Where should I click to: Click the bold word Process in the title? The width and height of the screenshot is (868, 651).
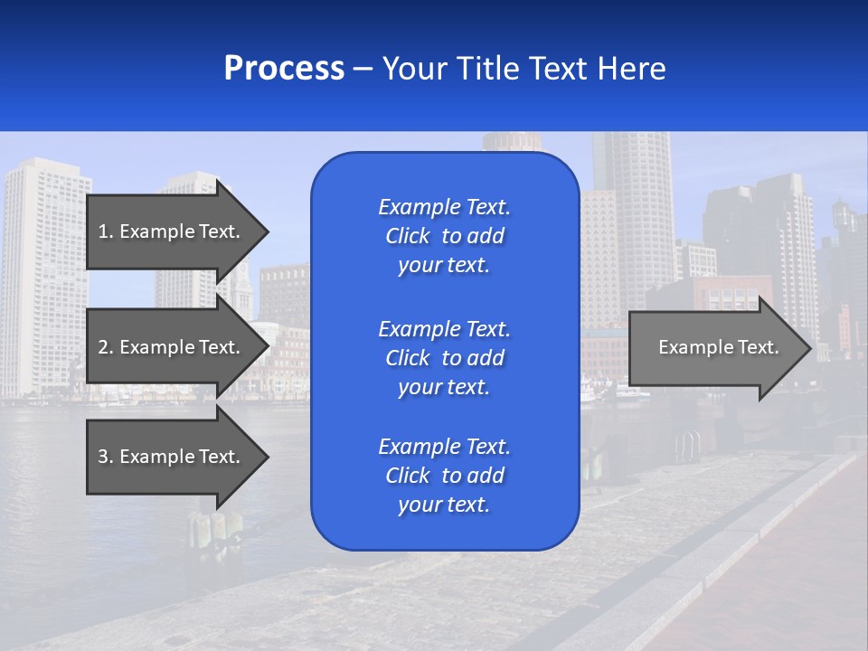(x=284, y=69)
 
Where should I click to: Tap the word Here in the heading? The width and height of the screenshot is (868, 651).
(x=632, y=69)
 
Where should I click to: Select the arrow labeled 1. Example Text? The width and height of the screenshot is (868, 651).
(x=172, y=231)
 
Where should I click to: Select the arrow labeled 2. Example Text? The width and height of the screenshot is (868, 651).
(x=172, y=347)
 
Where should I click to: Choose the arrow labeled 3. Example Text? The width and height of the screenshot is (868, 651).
(x=172, y=457)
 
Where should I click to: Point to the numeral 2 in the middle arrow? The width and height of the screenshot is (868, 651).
(x=103, y=347)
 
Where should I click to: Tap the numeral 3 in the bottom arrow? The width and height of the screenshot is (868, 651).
(x=103, y=457)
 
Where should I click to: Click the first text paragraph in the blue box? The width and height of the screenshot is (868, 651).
(x=444, y=236)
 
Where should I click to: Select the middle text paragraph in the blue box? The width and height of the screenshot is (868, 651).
(x=444, y=357)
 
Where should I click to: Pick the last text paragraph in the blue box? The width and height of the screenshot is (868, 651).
(x=444, y=476)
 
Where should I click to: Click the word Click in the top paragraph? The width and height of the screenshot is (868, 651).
(x=407, y=236)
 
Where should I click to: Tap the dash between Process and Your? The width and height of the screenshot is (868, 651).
(x=363, y=69)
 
